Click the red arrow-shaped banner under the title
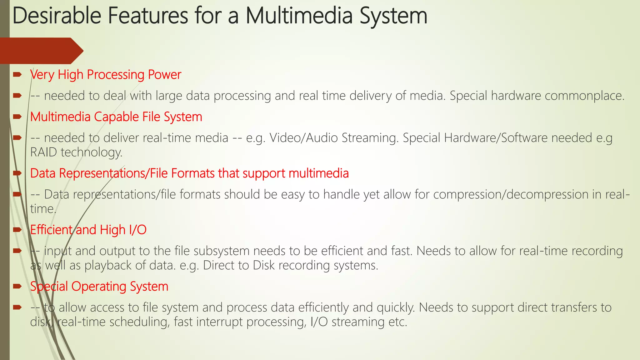[41, 51]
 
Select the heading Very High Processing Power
[106, 75]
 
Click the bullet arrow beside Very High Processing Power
[17, 74]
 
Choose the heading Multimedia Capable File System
[116, 117]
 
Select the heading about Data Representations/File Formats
[189, 173]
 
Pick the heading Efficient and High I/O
[88, 230]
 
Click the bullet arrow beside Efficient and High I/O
[17, 230]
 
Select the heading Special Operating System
[99, 287]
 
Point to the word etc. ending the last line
[397, 322]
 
